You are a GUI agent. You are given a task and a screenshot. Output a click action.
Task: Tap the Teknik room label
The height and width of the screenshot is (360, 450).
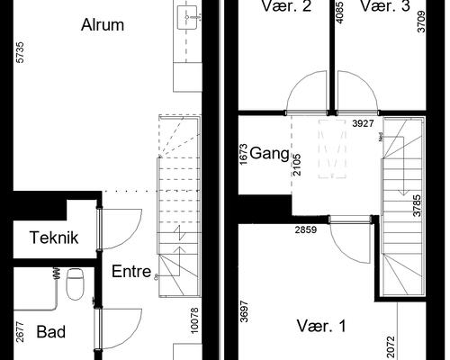[55, 238]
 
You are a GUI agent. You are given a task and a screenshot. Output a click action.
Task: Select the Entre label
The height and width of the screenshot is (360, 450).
[130, 271]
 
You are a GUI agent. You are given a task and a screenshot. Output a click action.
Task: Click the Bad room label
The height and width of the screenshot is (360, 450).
[51, 332]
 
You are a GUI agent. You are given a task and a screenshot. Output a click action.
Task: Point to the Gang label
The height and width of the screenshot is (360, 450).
[269, 152]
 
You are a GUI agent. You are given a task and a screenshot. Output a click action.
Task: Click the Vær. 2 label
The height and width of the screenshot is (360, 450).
[286, 7]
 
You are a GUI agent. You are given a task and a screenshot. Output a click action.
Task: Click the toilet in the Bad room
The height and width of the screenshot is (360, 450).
[76, 283]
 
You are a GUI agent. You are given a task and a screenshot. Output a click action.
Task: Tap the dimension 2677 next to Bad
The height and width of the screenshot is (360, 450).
[18, 333]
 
